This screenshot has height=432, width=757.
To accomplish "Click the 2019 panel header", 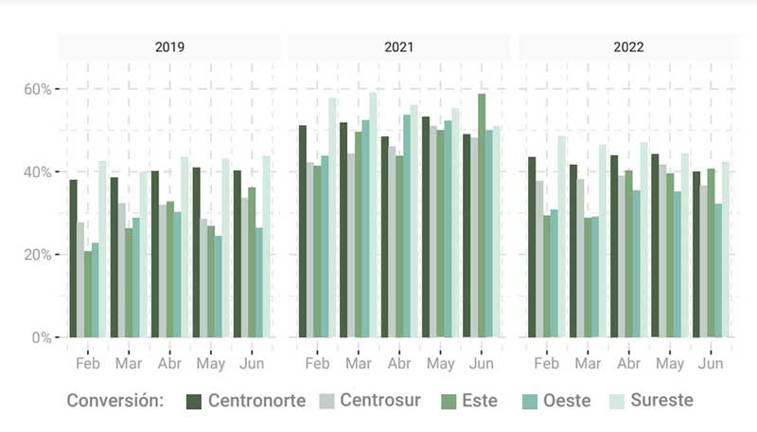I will (170, 46).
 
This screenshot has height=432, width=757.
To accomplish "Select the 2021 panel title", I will (399, 46).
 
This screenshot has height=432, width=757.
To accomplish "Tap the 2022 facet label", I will (628, 46).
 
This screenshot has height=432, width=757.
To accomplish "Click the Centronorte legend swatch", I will (195, 401).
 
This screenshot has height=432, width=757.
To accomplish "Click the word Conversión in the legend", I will (114, 401).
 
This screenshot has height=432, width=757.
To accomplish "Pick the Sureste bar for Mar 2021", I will (374, 214).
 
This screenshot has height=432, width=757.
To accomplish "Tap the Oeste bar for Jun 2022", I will (718, 270).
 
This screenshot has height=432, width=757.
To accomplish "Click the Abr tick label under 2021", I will (399, 364).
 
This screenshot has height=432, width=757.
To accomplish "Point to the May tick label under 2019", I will (210, 364).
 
